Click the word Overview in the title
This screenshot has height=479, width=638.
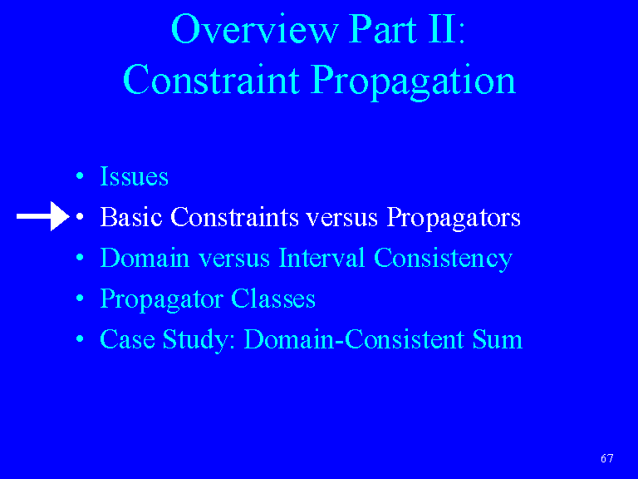pos(254,29)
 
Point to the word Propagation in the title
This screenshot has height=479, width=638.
pos(415,81)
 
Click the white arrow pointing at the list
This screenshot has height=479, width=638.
pos(42,216)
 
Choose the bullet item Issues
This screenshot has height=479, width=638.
pos(134,176)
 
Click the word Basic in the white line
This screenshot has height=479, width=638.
pos(131,217)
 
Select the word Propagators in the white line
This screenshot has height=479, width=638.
pos(454,219)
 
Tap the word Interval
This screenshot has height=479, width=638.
pos(321,258)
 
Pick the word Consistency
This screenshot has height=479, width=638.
pos(443,259)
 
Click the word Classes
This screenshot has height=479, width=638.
pos(273,299)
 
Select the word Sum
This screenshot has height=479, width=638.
pos(498,339)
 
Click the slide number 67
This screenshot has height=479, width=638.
pos(607,458)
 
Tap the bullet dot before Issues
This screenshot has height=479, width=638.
pos(80,176)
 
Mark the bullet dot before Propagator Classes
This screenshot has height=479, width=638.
pos(80,299)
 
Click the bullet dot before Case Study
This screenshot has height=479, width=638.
pos(80,339)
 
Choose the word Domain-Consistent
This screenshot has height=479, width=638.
pos(354,339)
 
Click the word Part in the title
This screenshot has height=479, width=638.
pos(383,29)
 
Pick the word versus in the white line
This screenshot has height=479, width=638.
pos(341,220)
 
